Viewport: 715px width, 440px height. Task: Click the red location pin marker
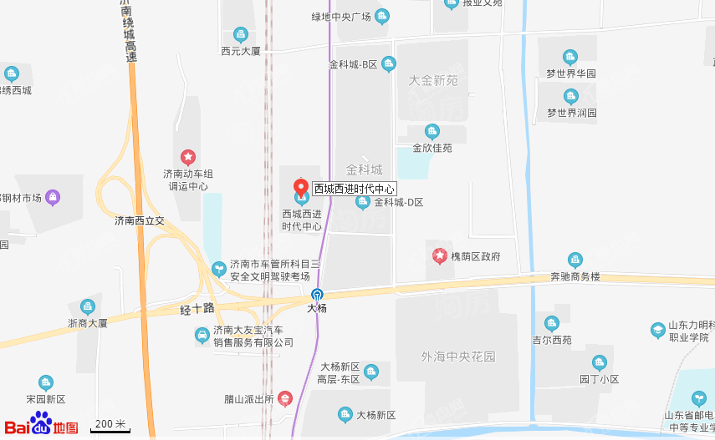tap(301, 186)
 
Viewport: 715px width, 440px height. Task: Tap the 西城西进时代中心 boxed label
tap(354, 189)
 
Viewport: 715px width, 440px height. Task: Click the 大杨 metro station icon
tap(317, 294)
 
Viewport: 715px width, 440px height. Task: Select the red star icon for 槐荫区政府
tap(439, 255)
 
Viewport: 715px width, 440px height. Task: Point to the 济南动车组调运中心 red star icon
tap(188, 157)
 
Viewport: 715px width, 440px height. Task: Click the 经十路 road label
tap(197, 310)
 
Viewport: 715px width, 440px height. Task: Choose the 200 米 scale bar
tap(110, 425)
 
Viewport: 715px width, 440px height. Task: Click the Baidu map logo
tap(42, 423)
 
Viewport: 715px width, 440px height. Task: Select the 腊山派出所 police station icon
tap(285, 398)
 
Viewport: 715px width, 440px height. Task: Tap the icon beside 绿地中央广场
tap(383, 16)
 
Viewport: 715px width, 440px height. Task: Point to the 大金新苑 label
tap(433, 81)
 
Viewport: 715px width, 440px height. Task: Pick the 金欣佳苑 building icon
tap(432, 131)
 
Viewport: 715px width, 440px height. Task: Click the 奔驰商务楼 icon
tap(575, 260)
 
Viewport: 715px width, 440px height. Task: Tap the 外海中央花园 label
tap(458, 357)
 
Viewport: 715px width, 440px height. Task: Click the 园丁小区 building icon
tap(599, 362)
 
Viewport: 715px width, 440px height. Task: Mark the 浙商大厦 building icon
tap(88, 306)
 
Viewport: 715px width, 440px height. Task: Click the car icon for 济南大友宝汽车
tap(202, 336)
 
